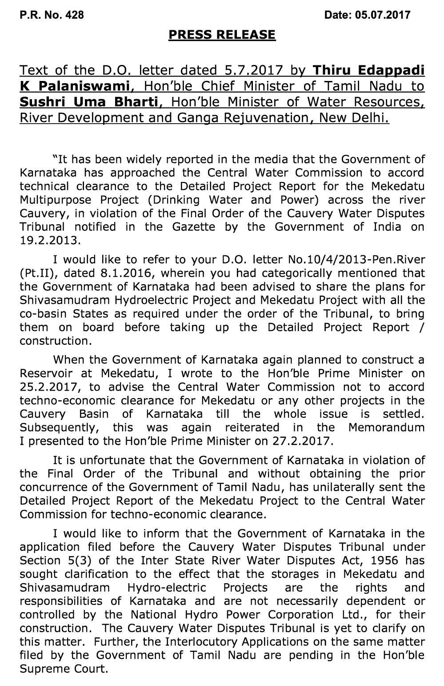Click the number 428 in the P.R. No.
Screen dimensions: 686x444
coord(74,15)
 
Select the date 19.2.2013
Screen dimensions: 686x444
coord(50,241)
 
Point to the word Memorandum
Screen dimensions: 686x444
coord(386,428)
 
